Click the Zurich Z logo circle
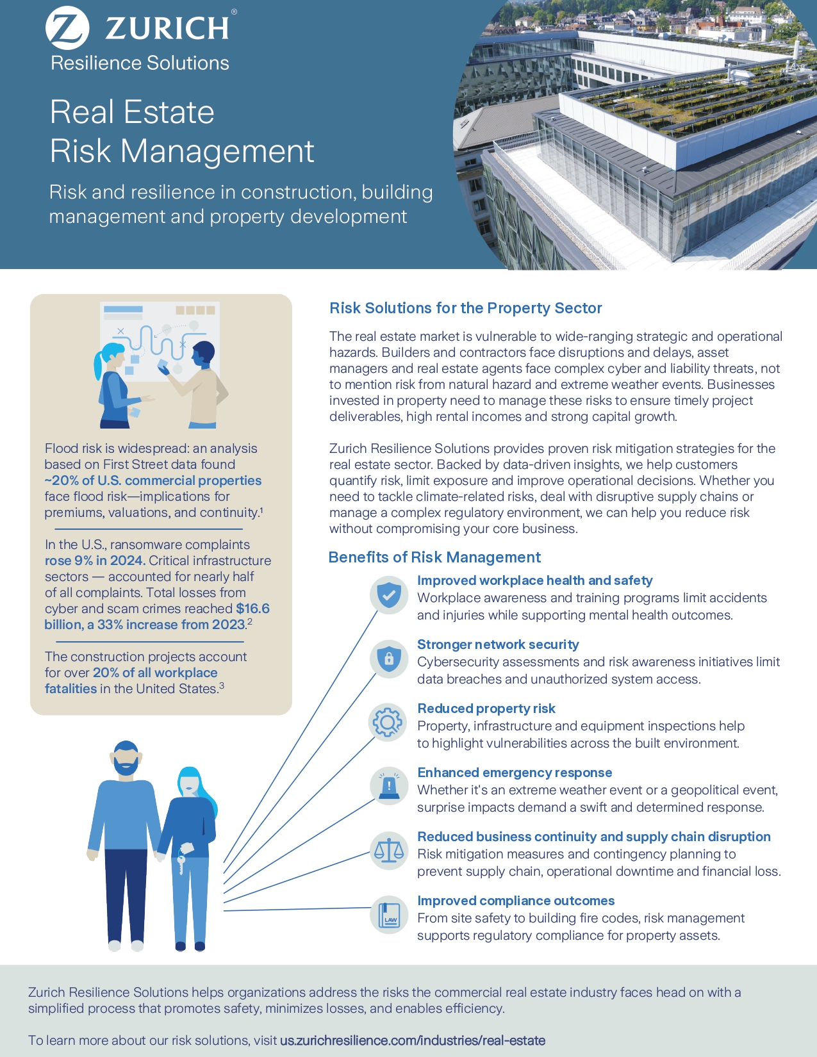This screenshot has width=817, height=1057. tap(67, 28)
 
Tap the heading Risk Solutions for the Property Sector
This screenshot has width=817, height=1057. tap(465, 308)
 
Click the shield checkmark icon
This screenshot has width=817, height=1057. tap(389, 595)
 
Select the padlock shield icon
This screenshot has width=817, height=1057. tap(389, 659)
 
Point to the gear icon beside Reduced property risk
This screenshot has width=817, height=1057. tap(388, 723)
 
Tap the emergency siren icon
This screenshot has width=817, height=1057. tap(389, 786)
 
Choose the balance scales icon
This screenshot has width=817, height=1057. tap(389, 850)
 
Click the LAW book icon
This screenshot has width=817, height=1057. tap(389, 915)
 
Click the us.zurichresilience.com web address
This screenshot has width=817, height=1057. tap(413, 1040)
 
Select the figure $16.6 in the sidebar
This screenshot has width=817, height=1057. tap(252, 609)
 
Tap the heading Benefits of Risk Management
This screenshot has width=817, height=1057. tap(434, 557)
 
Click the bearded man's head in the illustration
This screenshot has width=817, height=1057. tap(126, 758)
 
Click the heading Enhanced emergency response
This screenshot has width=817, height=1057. tap(515, 773)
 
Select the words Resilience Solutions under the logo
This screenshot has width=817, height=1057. tap(140, 63)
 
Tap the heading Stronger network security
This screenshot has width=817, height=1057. tap(498, 644)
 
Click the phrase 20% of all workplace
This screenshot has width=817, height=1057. tap(155, 673)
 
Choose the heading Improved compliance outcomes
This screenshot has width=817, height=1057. tap(516, 901)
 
